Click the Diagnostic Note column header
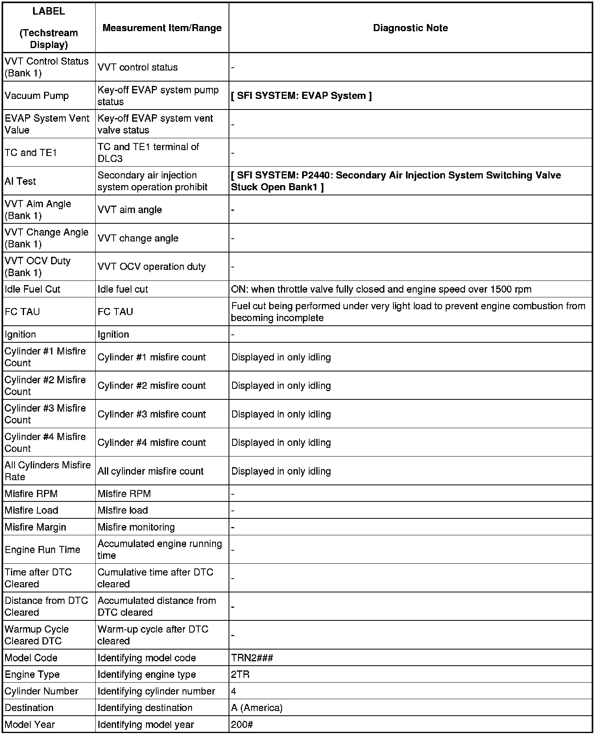coord(410,28)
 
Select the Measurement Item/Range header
coord(162,28)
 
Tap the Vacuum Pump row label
coord(37,96)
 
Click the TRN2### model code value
coord(252,658)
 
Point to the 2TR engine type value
coord(240,674)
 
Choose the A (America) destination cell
coord(257,708)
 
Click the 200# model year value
coord(242,724)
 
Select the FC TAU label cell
coord(22,312)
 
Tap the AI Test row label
coord(20,181)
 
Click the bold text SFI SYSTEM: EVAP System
coord(301,96)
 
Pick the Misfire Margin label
coord(35,527)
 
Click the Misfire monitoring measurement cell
coord(136,527)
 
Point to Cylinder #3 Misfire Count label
coord(45,414)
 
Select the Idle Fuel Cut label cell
coord(32,289)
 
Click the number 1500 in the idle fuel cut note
coord(501,290)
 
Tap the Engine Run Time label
coord(42,549)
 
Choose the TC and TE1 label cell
coord(31,152)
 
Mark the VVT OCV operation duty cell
coord(151,267)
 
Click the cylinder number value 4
coord(234,691)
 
